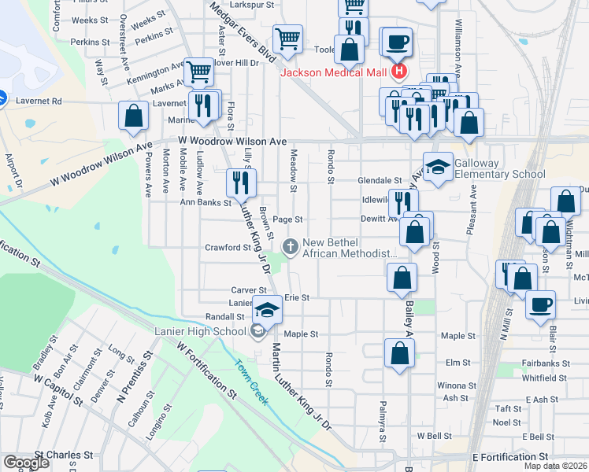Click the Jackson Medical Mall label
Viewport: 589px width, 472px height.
(x=335, y=72)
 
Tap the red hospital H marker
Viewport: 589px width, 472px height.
(x=398, y=72)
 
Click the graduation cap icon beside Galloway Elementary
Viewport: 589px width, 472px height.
(x=438, y=167)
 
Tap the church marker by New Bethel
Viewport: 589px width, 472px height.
(x=291, y=247)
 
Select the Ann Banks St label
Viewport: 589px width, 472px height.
(x=206, y=202)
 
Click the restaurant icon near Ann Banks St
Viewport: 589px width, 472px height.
(x=240, y=183)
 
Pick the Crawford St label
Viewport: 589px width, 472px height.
(x=227, y=247)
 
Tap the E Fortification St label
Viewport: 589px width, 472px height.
(x=510, y=457)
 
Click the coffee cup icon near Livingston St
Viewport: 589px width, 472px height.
(x=540, y=305)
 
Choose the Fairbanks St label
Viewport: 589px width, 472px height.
(x=545, y=363)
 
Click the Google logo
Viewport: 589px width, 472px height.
(x=25, y=462)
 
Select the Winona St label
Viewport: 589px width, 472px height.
(x=452, y=385)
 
